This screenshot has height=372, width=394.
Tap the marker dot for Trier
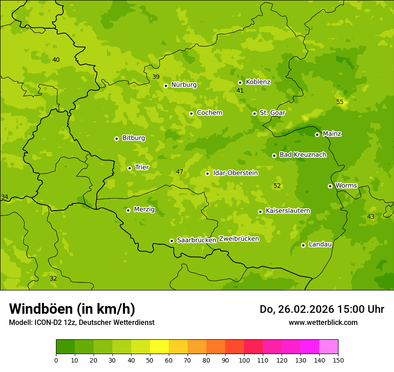[x=130, y=168]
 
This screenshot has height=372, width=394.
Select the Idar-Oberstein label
[x=236, y=173]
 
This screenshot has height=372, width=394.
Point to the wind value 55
[x=340, y=102]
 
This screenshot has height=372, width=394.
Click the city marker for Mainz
[x=317, y=134]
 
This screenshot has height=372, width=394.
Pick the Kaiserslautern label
[x=288, y=211]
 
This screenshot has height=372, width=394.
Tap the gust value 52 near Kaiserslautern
[x=277, y=186]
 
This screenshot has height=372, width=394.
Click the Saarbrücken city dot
[x=171, y=241]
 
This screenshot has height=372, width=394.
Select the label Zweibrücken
[x=239, y=239]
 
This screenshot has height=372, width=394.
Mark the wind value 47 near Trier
[x=180, y=172]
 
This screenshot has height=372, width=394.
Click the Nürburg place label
[x=184, y=85]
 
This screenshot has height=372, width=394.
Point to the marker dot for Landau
[x=303, y=245]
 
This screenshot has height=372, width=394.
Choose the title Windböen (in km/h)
[x=72, y=309]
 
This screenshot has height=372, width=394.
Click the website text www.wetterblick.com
[x=323, y=322]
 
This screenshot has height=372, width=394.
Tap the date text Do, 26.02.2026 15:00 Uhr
[x=322, y=309]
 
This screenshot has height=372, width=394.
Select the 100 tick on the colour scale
[x=244, y=360]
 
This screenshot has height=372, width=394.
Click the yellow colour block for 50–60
[x=159, y=347]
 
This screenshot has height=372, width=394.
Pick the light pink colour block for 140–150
[x=329, y=347]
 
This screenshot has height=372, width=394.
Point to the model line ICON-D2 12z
[x=81, y=322]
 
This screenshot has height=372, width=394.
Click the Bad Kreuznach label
[x=303, y=155]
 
